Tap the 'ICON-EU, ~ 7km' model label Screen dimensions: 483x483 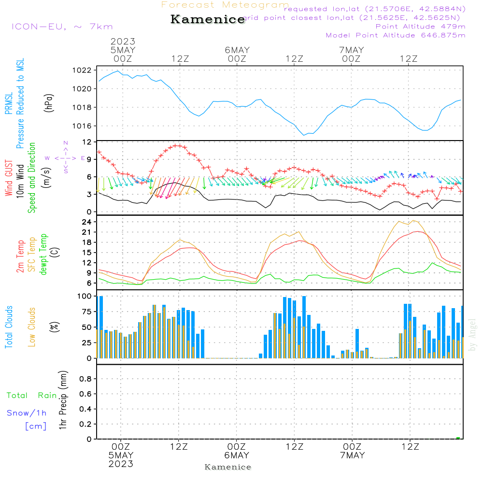[x=62, y=27]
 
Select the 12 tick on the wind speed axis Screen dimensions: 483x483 [x=87, y=142]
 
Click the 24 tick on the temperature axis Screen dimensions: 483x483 [x=87, y=222]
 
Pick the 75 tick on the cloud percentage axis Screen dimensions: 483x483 [x=87, y=312]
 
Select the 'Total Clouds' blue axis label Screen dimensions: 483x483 [x=9, y=327]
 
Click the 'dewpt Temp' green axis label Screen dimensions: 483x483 [x=43, y=255]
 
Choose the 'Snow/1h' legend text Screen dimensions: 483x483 [x=27, y=413]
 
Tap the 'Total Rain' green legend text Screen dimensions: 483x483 [x=31, y=396]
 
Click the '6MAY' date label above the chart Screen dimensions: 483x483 [x=237, y=50]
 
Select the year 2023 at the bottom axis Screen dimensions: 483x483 [x=121, y=464]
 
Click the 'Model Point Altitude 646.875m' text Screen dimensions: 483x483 [x=396, y=35]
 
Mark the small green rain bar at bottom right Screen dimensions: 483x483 [x=458, y=438]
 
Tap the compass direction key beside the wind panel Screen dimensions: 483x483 [x=66, y=158]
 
